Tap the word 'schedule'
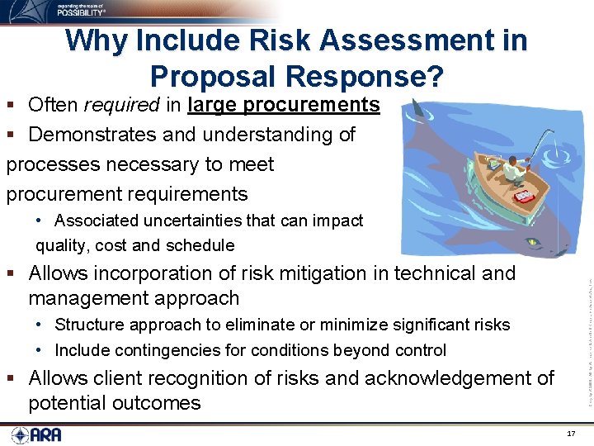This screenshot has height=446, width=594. [200, 245]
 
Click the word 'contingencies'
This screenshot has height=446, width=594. [156, 350]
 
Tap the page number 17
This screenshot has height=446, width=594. [571, 434]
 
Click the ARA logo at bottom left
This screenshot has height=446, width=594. [36, 434]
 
